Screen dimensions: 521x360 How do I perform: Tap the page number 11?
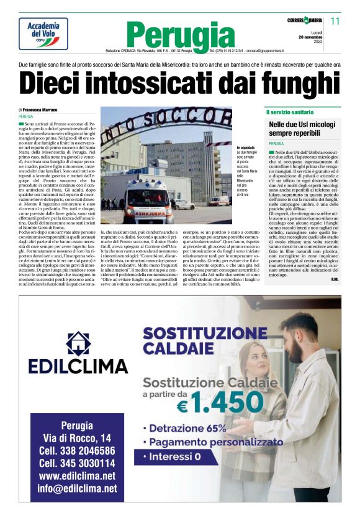click(x=335, y=20)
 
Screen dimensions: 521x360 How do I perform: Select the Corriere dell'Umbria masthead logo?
click(x=304, y=20)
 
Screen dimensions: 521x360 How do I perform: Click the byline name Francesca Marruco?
click(x=46, y=109)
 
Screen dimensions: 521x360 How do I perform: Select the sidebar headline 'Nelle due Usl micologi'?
click(x=299, y=125)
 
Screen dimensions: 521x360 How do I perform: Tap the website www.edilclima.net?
click(x=77, y=476)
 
